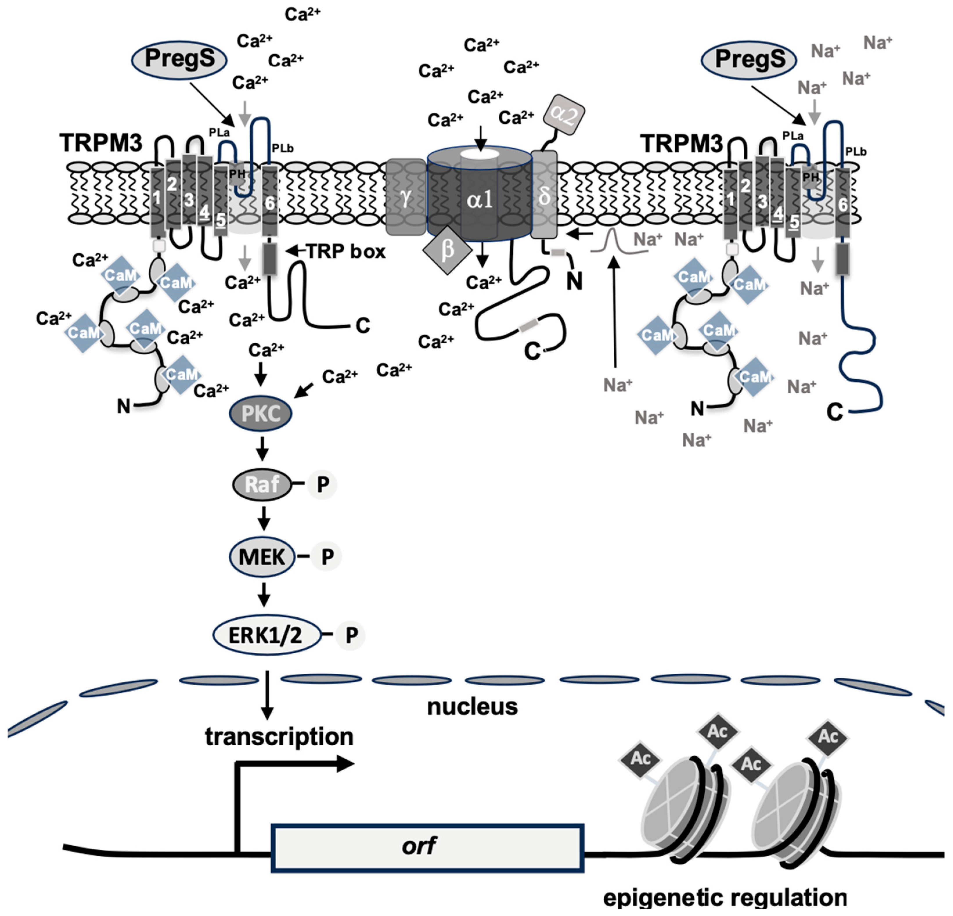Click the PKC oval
click(x=261, y=414)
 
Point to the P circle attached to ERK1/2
click(x=351, y=635)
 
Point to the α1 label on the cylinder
click(x=480, y=200)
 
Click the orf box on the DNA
click(x=427, y=848)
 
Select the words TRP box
click(x=346, y=251)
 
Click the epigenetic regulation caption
click(x=725, y=897)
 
